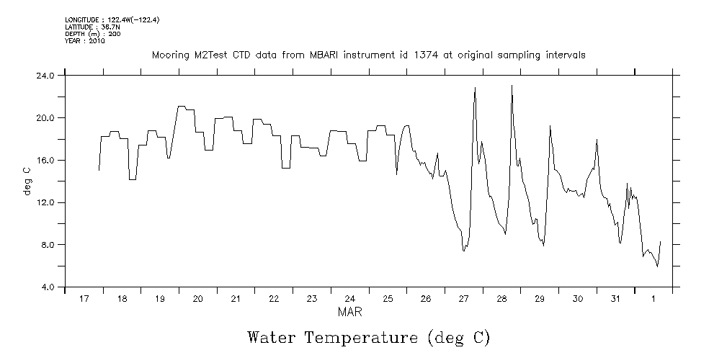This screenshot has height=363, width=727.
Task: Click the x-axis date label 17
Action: pos(84,299)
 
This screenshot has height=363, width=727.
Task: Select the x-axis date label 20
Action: pos(197,299)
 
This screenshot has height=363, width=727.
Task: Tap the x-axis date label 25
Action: pos(388,299)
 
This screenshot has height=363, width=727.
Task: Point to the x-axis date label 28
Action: pos(501,299)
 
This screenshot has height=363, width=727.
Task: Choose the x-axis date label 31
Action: pos(615,299)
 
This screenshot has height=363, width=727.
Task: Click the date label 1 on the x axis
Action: pos(654,299)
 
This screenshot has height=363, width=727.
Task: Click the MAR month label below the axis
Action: pos(349,313)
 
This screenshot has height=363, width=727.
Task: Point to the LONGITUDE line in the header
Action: pos(112,20)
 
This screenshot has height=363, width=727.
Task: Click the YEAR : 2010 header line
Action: pos(85,41)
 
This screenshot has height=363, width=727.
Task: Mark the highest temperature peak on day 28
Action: pos(512,86)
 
